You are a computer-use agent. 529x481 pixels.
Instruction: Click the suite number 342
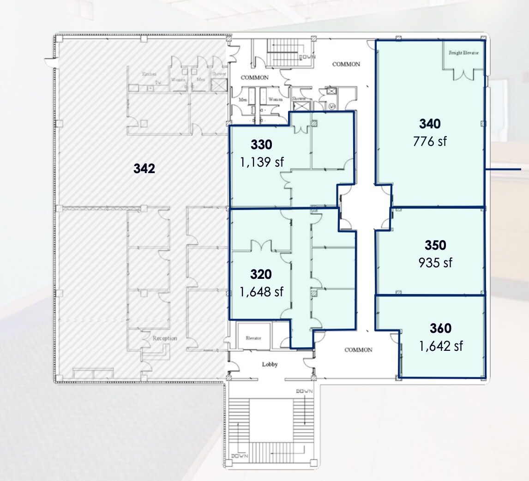(x=144, y=169)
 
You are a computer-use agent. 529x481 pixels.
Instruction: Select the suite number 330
(x=261, y=145)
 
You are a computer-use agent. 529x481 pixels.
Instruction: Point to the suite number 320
(x=261, y=275)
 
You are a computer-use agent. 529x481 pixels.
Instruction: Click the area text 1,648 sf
(x=261, y=292)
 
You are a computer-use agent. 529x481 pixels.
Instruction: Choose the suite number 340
(x=430, y=124)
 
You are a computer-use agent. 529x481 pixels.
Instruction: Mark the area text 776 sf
(x=430, y=141)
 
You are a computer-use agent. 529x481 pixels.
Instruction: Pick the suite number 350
(x=435, y=245)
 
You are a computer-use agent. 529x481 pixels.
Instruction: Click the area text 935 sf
(x=435, y=262)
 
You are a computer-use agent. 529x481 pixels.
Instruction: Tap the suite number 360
(x=440, y=329)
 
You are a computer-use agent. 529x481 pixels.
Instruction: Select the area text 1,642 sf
(x=441, y=346)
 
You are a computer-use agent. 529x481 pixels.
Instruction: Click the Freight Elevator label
(x=463, y=53)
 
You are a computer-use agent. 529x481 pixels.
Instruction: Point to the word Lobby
(x=270, y=365)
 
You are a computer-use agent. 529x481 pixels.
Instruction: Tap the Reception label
(x=165, y=338)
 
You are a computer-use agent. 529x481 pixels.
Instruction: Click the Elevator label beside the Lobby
(x=253, y=338)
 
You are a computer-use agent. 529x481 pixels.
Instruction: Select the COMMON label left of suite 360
(x=358, y=350)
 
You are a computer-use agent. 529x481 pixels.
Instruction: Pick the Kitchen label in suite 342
(x=149, y=74)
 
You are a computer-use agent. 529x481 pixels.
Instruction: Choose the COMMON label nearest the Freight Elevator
(x=346, y=65)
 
